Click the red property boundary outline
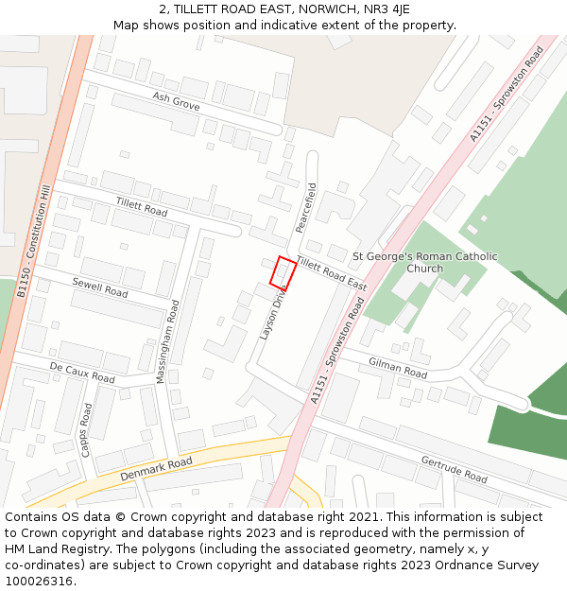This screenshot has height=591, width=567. point(283,272)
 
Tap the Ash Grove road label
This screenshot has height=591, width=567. point(176,102)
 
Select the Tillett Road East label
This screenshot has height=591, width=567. point(331,273)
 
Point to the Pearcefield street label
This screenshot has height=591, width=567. point(304,208)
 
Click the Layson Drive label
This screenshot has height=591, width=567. point(273,313)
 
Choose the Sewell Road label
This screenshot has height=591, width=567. point(100,287)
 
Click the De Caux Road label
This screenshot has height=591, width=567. point(82,373)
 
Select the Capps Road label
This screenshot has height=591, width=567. point(86,430)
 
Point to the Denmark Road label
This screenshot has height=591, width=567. point(156,469)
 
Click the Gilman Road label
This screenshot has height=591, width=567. point(398,369)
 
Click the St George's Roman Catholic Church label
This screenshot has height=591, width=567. point(424,262)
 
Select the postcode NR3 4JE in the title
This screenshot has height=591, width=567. point(387,9)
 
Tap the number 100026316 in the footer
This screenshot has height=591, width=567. point(38,581)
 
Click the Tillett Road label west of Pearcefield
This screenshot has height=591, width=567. point(142,206)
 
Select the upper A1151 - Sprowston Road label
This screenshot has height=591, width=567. point(506,96)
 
